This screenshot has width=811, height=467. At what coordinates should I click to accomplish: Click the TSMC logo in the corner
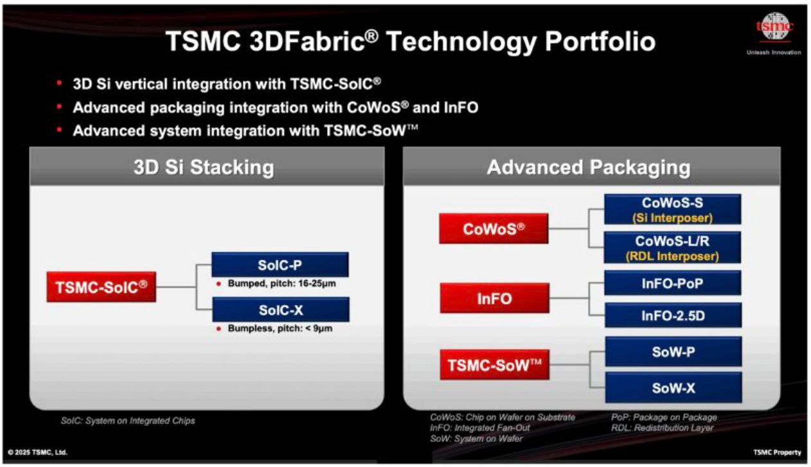click(x=774, y=26)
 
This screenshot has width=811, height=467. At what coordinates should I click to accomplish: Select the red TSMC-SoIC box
click(x=102, y=286)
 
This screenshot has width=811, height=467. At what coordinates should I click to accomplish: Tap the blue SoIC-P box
click(x=280, y=265)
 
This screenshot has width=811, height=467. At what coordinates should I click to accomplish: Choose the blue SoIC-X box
click(x=281, y=310)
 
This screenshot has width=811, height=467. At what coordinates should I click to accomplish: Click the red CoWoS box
click(x=494, y=229)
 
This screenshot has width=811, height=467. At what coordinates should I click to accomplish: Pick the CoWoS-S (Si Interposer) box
click(x=672, y=209)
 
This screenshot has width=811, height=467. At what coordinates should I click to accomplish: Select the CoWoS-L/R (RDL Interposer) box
click(x=672, y=248)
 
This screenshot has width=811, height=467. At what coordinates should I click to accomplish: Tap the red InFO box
click(x=495, y=298)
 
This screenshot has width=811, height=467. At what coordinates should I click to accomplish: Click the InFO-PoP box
click(x=673, y=283)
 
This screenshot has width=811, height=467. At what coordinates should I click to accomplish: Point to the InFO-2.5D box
click(x=673, y=315)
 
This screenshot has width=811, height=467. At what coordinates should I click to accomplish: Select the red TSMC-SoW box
click(x=495, y=365)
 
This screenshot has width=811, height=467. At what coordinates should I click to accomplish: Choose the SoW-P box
click(x=673, y=351)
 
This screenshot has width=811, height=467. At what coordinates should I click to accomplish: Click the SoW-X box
click(x=673, y=388)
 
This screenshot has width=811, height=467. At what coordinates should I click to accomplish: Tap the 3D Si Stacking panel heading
click(x=204, y=167)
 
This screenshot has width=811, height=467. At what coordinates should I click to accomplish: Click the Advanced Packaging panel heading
click(x=589, y=167)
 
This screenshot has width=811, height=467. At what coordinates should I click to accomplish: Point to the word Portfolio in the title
click(x=600, y=41)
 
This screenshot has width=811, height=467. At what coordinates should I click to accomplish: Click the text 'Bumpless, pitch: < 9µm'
click(x=280, y=328)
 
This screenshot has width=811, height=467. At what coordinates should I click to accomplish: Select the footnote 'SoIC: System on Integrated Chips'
click(x=128, y=421)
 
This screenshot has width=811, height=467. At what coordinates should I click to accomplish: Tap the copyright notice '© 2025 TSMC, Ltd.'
click(x=38, y=452)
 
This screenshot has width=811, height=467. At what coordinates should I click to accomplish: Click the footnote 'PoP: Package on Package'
click(x=664, y=418)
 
